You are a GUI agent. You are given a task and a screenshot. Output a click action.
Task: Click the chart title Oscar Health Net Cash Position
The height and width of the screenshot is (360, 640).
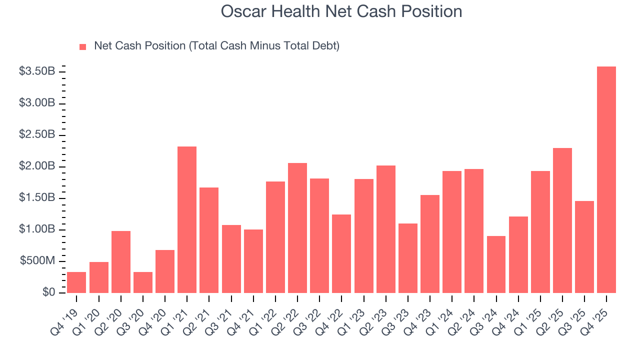click(x=341, y=11)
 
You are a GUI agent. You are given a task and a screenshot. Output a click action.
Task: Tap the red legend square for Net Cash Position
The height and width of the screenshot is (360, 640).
click(x=83, y=46)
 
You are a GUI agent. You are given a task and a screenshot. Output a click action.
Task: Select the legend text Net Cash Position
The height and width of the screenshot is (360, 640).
click(x=216, y=46)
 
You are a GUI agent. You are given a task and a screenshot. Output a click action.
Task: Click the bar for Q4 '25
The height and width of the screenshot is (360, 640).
click(x=606, y=180)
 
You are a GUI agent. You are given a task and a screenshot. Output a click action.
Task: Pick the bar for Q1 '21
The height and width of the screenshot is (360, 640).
click(x=187, y=220)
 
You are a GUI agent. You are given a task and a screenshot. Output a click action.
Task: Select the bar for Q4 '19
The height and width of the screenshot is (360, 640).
click(x=76, y=282)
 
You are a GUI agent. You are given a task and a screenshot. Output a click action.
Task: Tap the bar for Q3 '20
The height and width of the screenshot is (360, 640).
click(x=143, y=282)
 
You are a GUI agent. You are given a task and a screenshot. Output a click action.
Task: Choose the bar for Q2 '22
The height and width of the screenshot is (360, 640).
click(x=297, y=228)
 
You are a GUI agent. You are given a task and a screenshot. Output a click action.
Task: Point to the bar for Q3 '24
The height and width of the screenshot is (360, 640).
click(x=496, y=264)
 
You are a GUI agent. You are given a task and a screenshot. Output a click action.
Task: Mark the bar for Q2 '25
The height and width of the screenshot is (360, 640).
click(x=562, y=220)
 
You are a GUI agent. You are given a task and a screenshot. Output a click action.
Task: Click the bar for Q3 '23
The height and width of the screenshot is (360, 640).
click(x=408, y=258)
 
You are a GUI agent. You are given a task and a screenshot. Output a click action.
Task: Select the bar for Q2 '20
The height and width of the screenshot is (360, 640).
click(x=121, y=262)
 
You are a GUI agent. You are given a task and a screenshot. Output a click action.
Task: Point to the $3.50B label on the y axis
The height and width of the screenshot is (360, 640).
click(x=37, y=71)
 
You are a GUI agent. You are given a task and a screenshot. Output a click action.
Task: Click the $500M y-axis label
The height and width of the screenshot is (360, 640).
click(x=37, y=261)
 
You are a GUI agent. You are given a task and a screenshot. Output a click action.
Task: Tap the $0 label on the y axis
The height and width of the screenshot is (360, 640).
click(x=48, y=292)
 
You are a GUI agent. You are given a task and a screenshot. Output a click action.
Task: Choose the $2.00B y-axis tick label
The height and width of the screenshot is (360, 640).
click(x=37, y=166)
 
